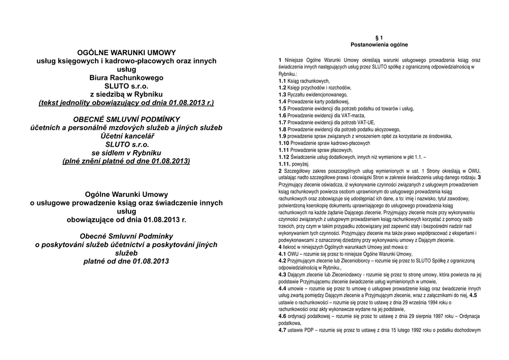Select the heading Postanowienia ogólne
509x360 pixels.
[379, 45]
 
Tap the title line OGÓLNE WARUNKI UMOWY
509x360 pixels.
[126, 52]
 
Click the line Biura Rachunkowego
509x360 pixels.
[126, 78]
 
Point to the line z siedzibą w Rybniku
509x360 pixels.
[126, 94]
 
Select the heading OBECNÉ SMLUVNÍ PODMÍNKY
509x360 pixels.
[126, 119]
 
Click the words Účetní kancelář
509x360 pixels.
[126, 136]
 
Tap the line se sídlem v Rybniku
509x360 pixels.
[126, 153]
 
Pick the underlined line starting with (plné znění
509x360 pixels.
[126, 161]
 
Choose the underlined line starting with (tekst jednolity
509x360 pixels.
[126, 103]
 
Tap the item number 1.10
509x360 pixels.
[284, 143]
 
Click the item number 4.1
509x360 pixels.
[282, 254]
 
